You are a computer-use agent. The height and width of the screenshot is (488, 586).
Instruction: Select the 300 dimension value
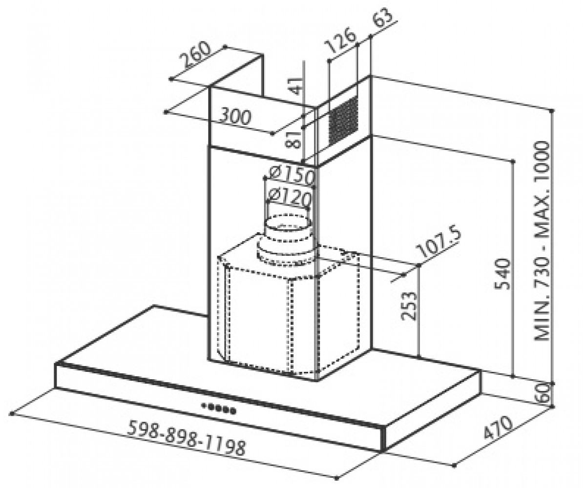click(234, 117)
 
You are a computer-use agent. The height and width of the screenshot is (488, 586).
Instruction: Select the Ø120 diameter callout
click(290, 197)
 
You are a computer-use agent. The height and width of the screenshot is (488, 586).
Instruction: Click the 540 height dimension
click(502, 274)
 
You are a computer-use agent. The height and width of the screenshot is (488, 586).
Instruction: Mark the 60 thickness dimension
click(544, 393)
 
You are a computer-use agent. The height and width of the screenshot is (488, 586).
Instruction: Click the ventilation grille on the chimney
click(343, 120)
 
